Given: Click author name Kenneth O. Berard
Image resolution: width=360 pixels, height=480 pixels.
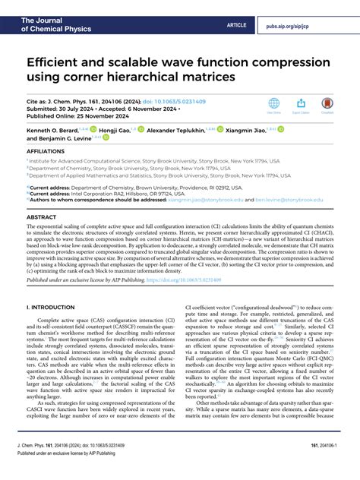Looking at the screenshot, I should [55, 131].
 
